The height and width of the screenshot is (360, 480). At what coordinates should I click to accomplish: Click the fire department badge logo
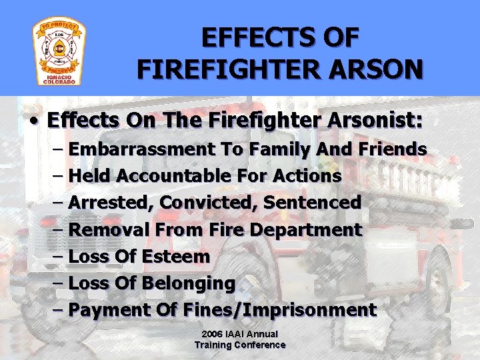point(59,52)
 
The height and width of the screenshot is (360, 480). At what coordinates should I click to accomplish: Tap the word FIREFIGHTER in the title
point(225,69)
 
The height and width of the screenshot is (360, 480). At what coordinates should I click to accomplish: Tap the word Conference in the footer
point(262,345)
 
